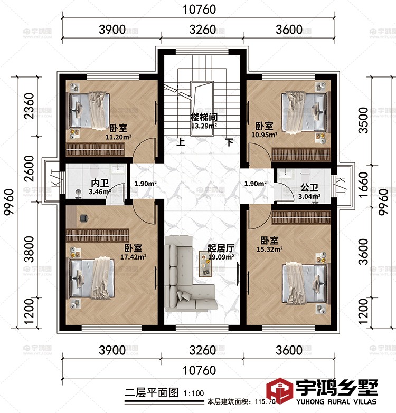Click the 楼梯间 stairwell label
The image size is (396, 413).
(204, 117)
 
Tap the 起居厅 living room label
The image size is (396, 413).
(220, 248)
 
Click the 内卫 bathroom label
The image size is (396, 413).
(99, 183)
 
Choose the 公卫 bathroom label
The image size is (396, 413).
(309, 187)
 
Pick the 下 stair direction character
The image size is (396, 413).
(229, 142)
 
